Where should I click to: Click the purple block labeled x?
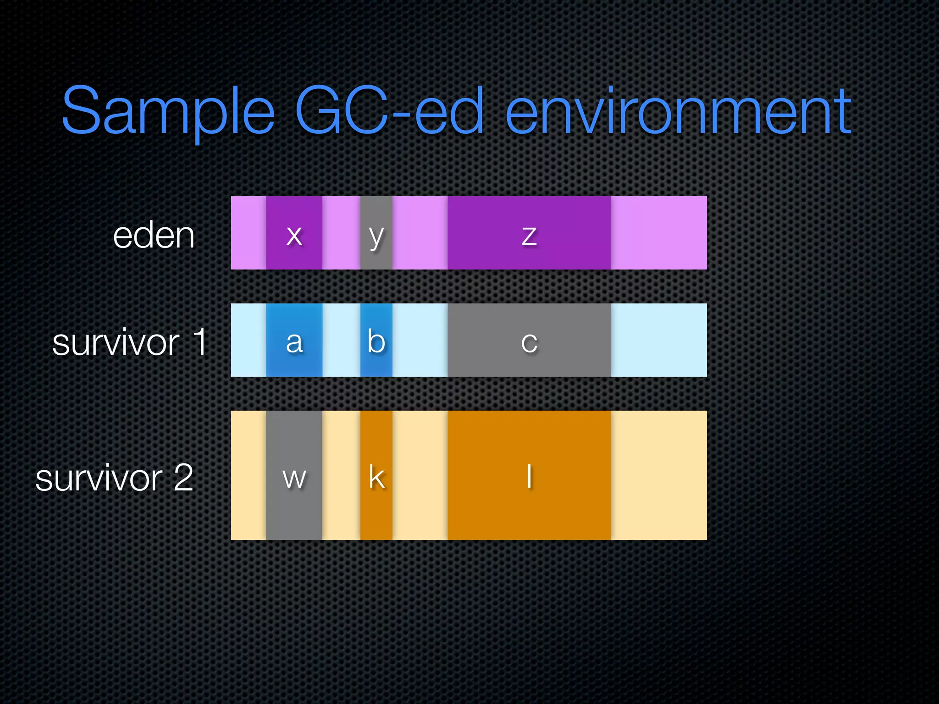(294, 233)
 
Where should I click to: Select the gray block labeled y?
(376, 233)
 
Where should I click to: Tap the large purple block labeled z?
(529, 233)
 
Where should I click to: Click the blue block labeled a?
(294, 340)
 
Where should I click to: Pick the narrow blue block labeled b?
(376, 340)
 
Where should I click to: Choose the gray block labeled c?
(529, 340)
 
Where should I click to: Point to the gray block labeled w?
(294, 475)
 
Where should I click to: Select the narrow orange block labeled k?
(376, 475)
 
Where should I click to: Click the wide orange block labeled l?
(529, 475)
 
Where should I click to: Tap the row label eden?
(154, 236)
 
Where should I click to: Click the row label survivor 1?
(130, 342)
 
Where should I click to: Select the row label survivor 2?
(114, 478)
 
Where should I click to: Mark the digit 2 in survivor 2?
(183, 477)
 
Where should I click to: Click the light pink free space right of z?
(658, 233)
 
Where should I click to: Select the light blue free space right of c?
(658, 340)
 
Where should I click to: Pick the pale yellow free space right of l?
(658, 475)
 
